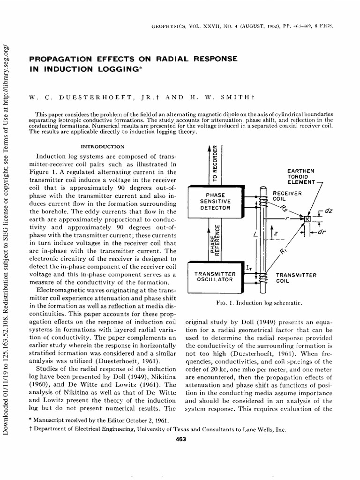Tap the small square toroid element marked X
[307, 219]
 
